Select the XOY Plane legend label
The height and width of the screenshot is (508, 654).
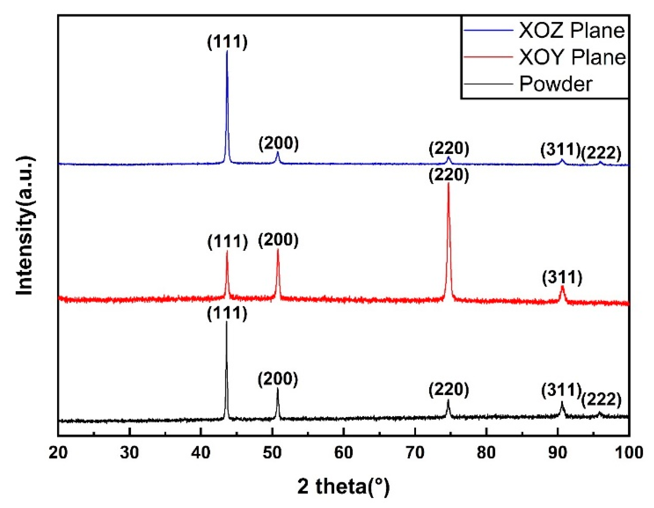pyautogui.click(x=572, y=57)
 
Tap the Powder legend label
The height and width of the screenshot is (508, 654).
pyautogui.click(x=556, y=84)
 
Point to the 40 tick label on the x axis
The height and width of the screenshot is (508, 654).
pyautogui.click(x=201, y=453)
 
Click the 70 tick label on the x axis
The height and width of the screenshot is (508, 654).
pyautogui.click(x=415, y=453)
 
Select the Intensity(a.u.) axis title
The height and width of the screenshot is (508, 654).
pyautogui.click(x=25, y=226)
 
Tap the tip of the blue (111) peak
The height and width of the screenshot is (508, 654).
pyautogui.click(x=227, y=51)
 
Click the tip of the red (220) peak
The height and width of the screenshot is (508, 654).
pyautogui.click(x=448, y=183)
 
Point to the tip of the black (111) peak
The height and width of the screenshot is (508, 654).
pyautogui.click(x=226, y=322)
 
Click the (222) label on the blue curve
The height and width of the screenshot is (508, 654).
pyautogui.click(x=601, y=153)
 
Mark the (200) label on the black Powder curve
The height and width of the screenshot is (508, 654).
pyautogui.click(x=278, y=379)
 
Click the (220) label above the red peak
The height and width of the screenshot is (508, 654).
pyautogui.click(x=448, y=175)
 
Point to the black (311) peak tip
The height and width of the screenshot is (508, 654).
pyautogui.click(x=562, y=402)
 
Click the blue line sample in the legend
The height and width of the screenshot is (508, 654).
pyautogui.click(x=487, y=30)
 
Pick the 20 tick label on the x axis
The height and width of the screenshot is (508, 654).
pyautogui.click(x=58, y=453)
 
